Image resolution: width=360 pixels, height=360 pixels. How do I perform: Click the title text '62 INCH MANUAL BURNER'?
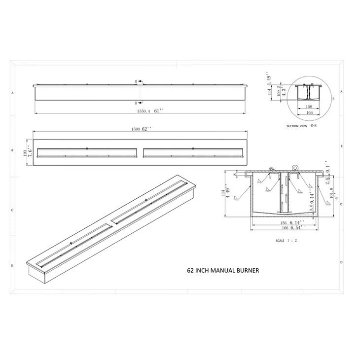click(222, 270)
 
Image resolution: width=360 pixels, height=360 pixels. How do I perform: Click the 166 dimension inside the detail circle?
click(309, 113)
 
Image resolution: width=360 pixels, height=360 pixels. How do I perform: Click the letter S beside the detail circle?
click(334, 99)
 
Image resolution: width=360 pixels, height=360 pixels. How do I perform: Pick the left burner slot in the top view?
click(87, 152)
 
